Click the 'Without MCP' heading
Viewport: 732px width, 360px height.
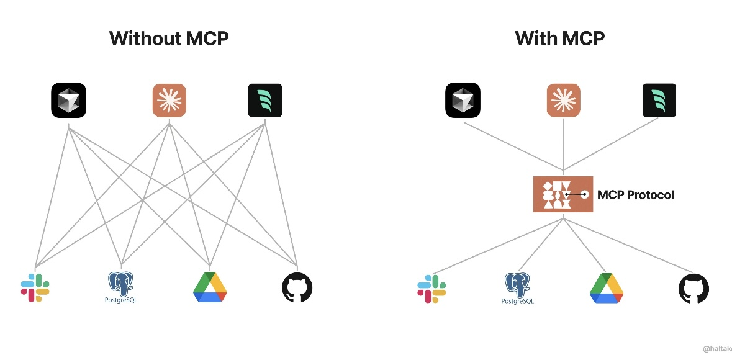pos(169,38)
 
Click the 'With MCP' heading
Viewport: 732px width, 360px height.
pos(560,38)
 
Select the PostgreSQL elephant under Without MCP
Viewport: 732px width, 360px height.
pos(122,287)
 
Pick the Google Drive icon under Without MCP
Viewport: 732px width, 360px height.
pos(210,287)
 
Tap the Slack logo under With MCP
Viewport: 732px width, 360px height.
pos(432,289)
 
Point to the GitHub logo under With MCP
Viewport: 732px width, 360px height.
pos(694,289)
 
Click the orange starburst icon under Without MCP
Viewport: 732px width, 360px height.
pos(169,100)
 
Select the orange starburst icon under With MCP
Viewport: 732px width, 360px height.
pos(564,100)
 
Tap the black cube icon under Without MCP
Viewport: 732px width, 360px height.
pos(68,100)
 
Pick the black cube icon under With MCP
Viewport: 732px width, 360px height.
pos(463,100)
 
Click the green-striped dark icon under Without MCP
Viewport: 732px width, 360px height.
pos(265,100)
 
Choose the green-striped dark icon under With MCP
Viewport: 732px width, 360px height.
pos(659,100)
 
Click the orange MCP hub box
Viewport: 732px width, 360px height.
pos(563,194)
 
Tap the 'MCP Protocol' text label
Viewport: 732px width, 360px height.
pos(635,195)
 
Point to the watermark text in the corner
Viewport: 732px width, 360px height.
pos(716,349)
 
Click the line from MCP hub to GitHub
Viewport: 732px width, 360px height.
pos(627,245)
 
